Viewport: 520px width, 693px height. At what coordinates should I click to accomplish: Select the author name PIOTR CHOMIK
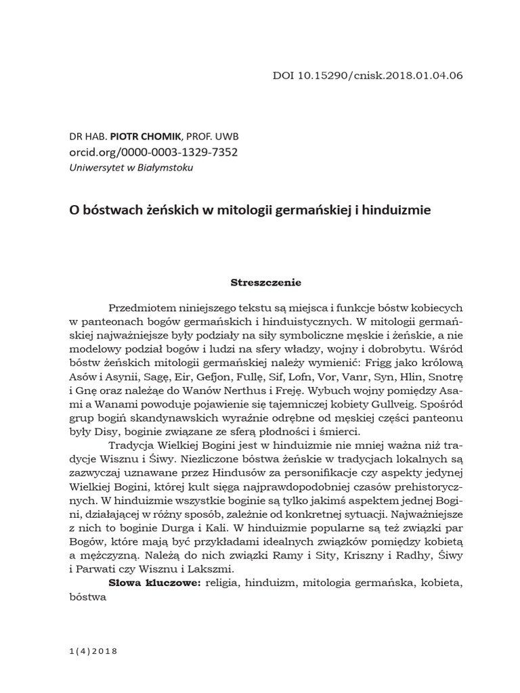coord(131,137)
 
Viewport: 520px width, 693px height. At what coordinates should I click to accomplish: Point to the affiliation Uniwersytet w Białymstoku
coord(131,167)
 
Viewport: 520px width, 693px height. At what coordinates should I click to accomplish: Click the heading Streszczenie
coord(266,280)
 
